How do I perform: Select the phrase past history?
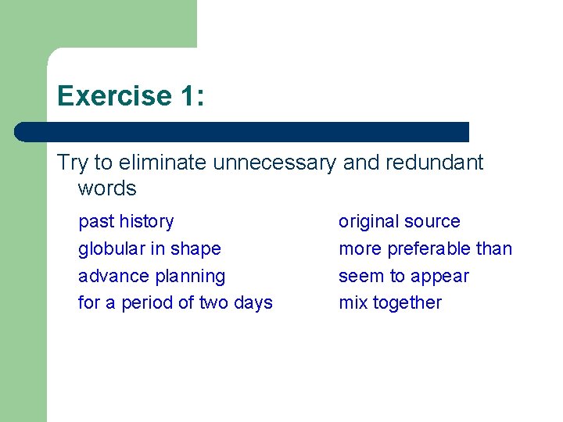(x=126, y=222)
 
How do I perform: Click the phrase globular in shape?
(x=149, y=249)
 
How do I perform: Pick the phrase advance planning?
(x=152, y=277)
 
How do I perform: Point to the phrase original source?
(x=399, y=222)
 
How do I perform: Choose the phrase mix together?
(x=389, y=303)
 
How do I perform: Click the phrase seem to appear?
(x=403, y=277)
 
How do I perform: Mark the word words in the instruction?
(x=107, y=188)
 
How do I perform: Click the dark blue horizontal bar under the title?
(x=242, y=131)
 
